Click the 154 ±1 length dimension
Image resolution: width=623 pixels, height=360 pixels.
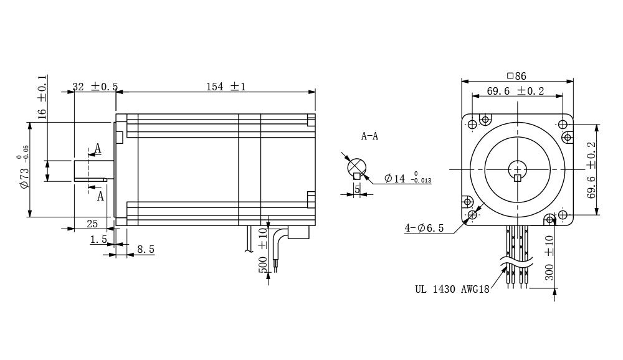[226, 87]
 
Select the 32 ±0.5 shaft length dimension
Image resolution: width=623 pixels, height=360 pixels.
[95, 87]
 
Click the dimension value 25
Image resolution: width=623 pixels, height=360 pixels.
[92, 224]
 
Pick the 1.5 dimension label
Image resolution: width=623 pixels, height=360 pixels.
[98, 239]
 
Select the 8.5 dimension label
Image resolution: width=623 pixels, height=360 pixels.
[145, 249]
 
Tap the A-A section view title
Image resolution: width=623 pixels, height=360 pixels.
[369, 136]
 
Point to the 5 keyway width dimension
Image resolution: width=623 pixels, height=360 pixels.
[357, 188]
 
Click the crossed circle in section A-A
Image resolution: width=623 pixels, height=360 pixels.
[357, 167]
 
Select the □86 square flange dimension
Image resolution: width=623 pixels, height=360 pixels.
[516, 76]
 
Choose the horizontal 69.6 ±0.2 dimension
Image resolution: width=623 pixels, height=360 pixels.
[515, 91]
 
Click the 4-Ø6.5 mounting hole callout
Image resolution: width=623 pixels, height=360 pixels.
[424, 228]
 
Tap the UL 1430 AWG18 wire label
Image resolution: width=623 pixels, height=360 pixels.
[452, 288]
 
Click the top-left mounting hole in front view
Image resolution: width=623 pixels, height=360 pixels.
[472, 124]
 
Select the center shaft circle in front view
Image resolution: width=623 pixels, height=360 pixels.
[517, 169]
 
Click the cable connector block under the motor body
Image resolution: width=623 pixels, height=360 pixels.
[298, 232]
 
